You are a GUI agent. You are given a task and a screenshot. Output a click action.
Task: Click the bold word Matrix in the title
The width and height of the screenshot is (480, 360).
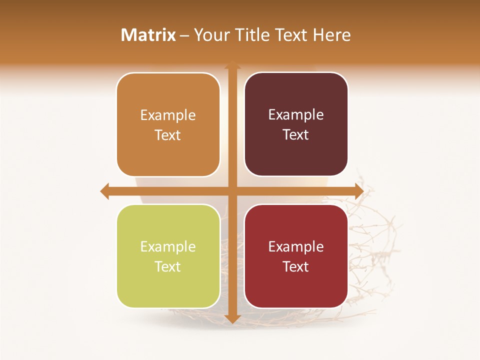pos(148,35)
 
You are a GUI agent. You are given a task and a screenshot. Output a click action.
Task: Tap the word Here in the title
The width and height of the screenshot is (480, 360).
pos(331,35)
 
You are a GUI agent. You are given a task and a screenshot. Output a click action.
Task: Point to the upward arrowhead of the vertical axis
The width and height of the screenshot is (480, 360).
pos(232,65)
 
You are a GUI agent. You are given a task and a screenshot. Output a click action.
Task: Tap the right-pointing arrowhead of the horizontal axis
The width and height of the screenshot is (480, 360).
pos(358,191)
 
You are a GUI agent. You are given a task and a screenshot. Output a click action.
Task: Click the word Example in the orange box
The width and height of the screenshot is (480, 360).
pos(168,115)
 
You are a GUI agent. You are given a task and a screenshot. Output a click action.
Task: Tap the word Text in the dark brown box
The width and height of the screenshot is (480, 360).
pos(296,135)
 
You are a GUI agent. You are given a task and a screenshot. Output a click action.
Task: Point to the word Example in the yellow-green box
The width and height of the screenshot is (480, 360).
pos(168,246)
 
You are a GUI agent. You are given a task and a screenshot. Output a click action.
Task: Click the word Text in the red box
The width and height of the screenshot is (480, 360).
pos(296,266)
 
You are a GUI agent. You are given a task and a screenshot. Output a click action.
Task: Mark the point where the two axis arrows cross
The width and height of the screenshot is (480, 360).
pos(232,191)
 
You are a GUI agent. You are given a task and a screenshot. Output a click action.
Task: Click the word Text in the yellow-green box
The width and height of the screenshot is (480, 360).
pos(168,266)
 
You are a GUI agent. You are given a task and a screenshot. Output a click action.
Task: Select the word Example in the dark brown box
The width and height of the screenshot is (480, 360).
pos(296,115)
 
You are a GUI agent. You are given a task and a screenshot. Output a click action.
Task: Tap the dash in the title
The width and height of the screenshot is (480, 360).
pos(184,35)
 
